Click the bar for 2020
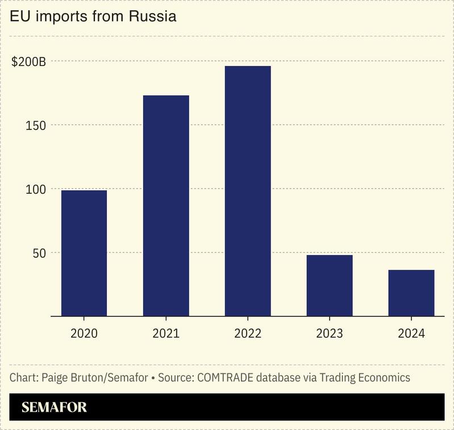point(84,253)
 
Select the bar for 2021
point(166,206)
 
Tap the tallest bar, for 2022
point(248,191)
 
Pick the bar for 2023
point(330,285)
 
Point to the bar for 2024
point(411,293)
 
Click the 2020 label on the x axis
point(84,333)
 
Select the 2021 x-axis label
point(166,333)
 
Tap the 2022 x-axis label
point(248,333)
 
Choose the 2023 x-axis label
point(330,333)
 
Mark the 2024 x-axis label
point(411,333)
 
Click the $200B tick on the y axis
point(28,61)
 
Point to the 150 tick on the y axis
point(35,125)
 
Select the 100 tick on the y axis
point(35,189)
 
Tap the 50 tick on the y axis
point(38,253)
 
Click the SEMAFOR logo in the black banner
point(54,407)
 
